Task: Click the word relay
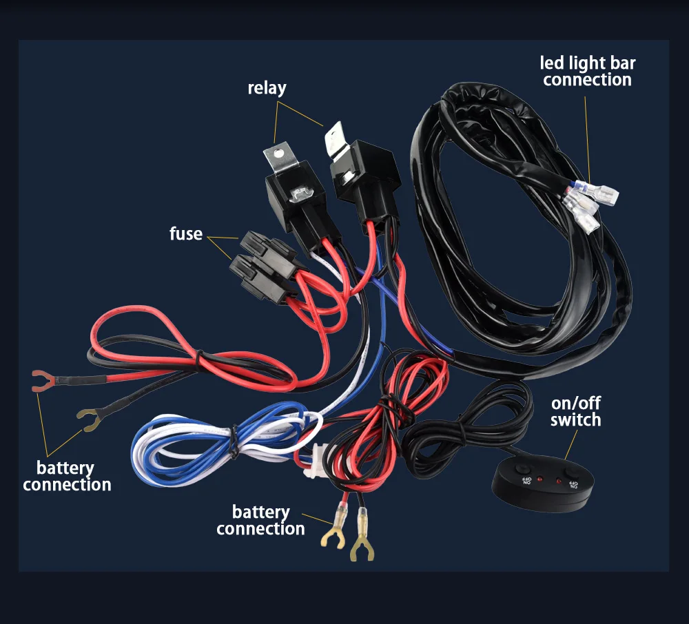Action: pyautogui.click(x=267, y=88)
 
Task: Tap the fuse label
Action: pyautogui.click(x=186, y=234)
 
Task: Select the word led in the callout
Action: pyautogui.click(x=553, y=64)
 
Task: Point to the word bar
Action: pyautogui.click(x=622, y=64)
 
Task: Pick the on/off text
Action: pyautogui.click(x=575, y=403)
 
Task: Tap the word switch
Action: pyautogui.click(x=575, y=419)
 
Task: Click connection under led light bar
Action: pyautogui.click(x=587, y=80)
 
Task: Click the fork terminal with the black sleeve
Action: pyautogui.click(x=88, y=417)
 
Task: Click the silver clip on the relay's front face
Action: pyautogui.click(x=300, y=195)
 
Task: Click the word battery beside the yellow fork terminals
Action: pyautogui.click(x=260, y=512)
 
